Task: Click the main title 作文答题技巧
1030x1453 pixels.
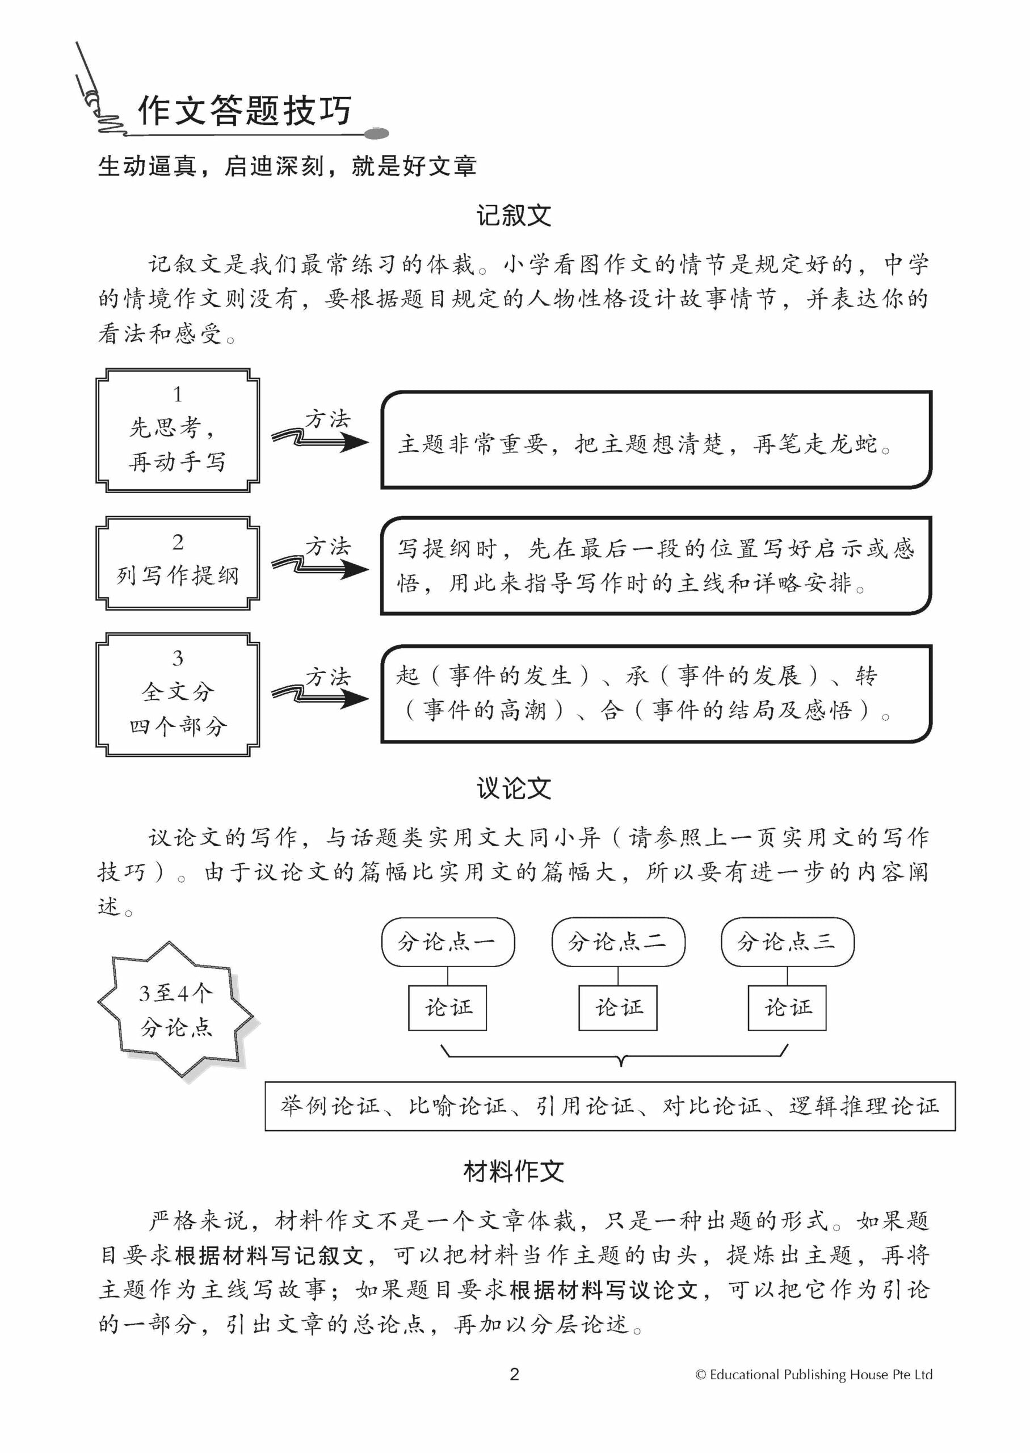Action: (244, 111)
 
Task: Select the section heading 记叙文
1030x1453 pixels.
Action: (514, 216)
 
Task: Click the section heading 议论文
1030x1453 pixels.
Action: (514, 789)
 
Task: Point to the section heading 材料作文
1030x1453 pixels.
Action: (514, 1171)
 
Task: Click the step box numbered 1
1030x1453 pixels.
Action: (178, 430)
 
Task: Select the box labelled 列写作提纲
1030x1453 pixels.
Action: (178, 562)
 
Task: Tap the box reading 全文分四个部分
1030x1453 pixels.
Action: (178, 695)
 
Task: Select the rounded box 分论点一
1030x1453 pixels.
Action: (447, 942)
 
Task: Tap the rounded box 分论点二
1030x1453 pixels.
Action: (618, 942)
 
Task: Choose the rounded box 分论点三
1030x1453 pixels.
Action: (787, 942)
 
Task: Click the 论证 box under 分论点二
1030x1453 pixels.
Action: (618, 1008)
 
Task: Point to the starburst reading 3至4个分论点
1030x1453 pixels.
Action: (176, 1010)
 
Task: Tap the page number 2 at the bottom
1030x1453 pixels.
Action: (514, 1374)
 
